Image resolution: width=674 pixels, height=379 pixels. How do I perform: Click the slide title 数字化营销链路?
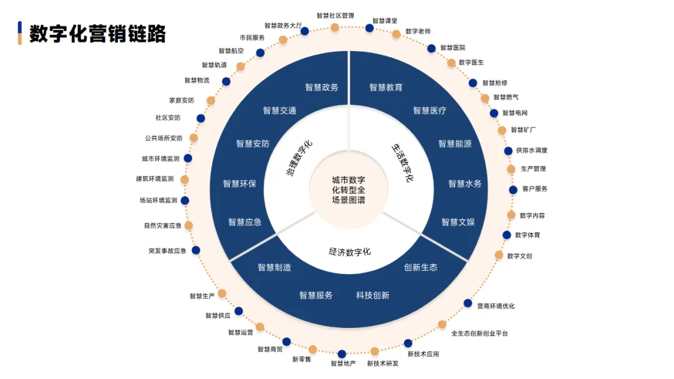point(97,34)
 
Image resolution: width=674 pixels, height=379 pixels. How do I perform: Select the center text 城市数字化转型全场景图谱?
point(348,189)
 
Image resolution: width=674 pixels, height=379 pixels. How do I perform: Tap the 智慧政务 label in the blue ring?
point(321,87)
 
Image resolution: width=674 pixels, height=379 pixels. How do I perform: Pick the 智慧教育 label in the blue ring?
point(386,87)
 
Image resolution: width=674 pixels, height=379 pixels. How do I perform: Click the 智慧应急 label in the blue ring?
point(245,222)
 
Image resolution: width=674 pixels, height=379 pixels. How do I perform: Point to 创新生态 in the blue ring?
point(421,267)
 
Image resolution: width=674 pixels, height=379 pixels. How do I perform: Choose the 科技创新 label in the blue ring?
point(373,295)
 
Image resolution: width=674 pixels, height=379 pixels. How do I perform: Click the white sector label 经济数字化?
point(349,252)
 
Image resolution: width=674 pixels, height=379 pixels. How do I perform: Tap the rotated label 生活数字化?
point(403,162)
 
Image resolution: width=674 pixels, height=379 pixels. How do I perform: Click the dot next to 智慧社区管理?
point(335,27)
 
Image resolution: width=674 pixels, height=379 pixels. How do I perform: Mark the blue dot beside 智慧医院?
point(431,48)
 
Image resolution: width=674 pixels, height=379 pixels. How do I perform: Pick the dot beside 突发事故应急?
point(196,250)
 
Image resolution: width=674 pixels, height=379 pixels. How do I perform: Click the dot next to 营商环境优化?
point(468,304)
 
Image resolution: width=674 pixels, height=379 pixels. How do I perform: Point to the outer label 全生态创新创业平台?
point(479,333)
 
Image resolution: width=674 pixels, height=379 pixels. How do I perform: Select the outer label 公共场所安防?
point(164,138)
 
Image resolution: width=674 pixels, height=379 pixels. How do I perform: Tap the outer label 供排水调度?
point(532,151)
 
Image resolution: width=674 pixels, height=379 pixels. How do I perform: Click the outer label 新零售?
point(301,360)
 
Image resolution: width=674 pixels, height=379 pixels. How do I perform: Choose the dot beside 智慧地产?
point(342,354)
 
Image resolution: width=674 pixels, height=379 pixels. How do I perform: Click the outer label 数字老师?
point(418,31)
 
